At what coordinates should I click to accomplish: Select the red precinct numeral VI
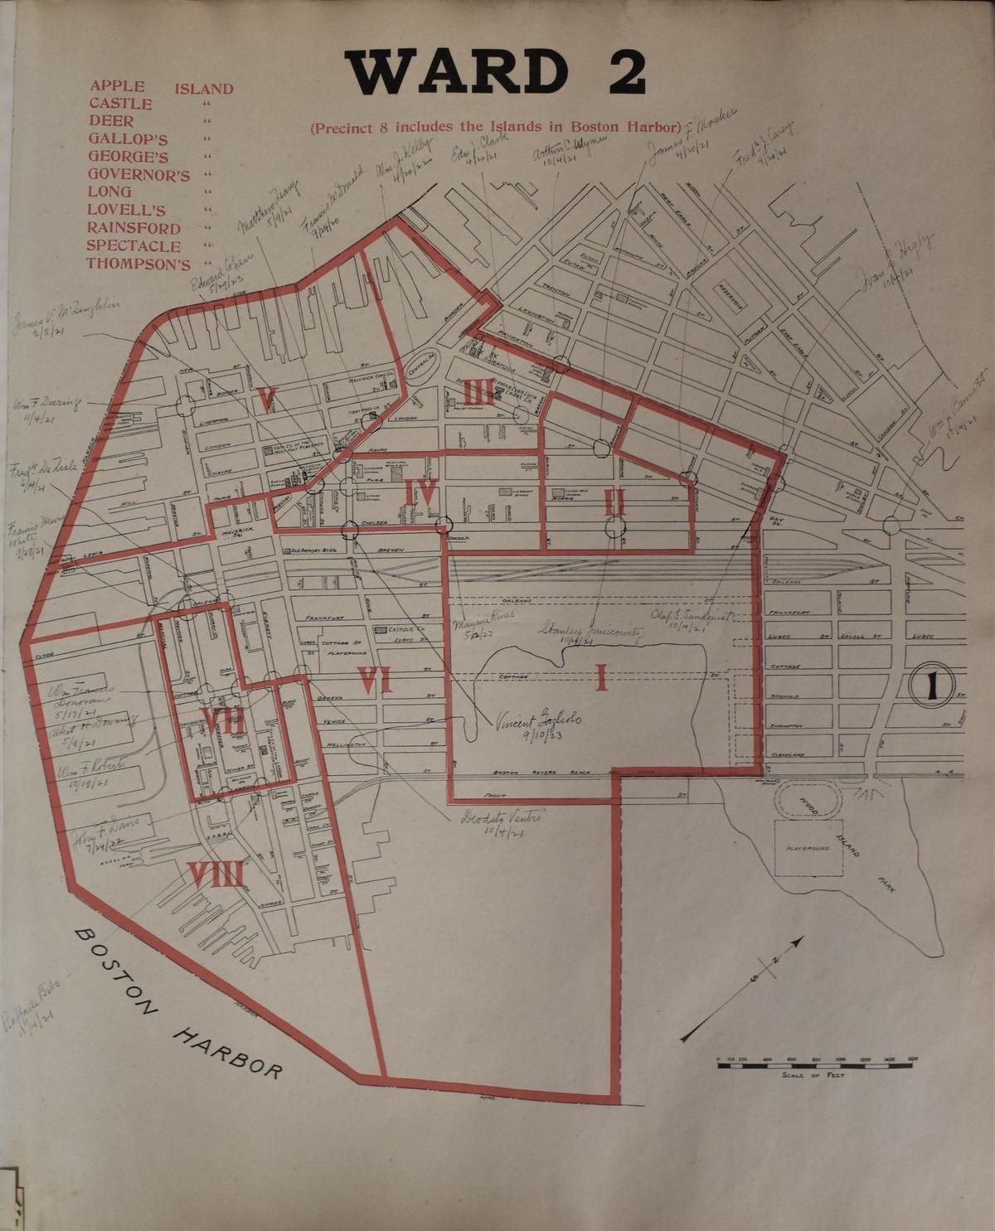point(375,681)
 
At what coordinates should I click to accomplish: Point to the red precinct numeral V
point(265,400)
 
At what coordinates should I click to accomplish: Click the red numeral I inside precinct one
point(601,677)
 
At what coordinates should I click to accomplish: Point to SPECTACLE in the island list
point(133,246)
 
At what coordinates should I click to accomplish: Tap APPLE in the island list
point(118,86)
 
